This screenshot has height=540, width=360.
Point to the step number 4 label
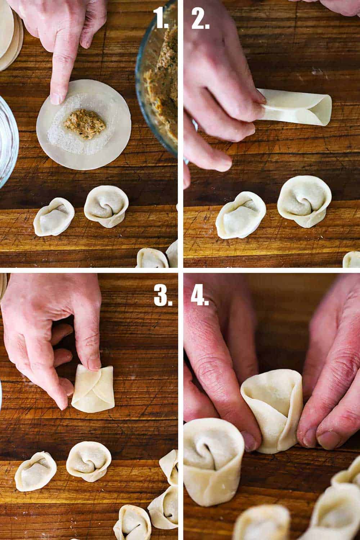tap(200, 296)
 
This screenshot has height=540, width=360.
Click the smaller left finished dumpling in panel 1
tap(54, 216)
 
